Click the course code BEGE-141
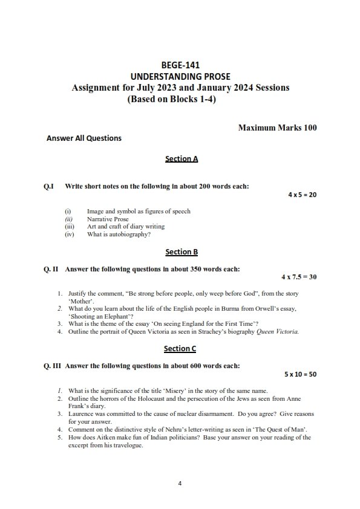180,65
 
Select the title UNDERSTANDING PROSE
180,76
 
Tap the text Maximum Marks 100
277,128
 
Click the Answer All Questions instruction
84,138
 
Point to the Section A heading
181,159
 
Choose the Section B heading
181,251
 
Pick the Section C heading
180,348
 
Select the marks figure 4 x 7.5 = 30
299,277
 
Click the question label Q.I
49,186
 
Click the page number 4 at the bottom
180,483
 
